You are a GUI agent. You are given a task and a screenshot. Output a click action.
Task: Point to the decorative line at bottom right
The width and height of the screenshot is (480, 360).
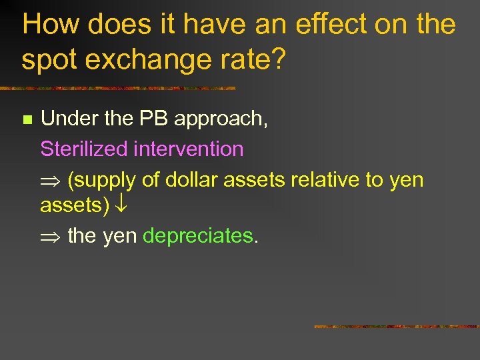pyautogui.click(x=396, y=327)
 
